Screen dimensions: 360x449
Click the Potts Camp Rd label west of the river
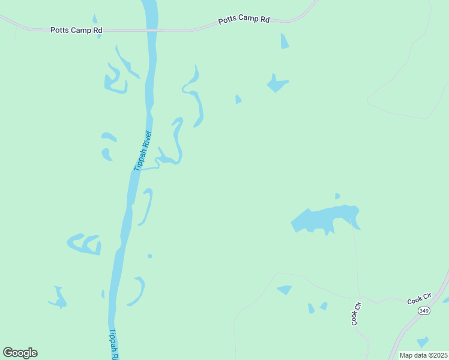[76, 29]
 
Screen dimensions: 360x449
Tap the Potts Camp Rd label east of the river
[244, 19]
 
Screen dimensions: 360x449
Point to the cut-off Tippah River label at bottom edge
[115, 343]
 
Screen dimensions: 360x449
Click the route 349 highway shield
[424, 310]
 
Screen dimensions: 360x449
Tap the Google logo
[20, 353]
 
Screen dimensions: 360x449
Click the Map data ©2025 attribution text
[423, 355]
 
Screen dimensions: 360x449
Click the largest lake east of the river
[324, 218]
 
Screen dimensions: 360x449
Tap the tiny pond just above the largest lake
[337, 196]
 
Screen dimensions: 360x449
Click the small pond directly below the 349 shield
[423, 341]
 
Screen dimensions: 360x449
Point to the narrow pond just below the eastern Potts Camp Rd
[284, 41]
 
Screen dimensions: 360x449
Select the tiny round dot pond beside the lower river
[149, 256]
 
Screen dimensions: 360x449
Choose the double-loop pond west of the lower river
[84, 244]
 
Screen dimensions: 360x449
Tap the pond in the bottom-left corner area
[59, 298]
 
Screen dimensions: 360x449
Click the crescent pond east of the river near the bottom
[139, 292]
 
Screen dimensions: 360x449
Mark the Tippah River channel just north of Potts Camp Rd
[150, 11]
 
